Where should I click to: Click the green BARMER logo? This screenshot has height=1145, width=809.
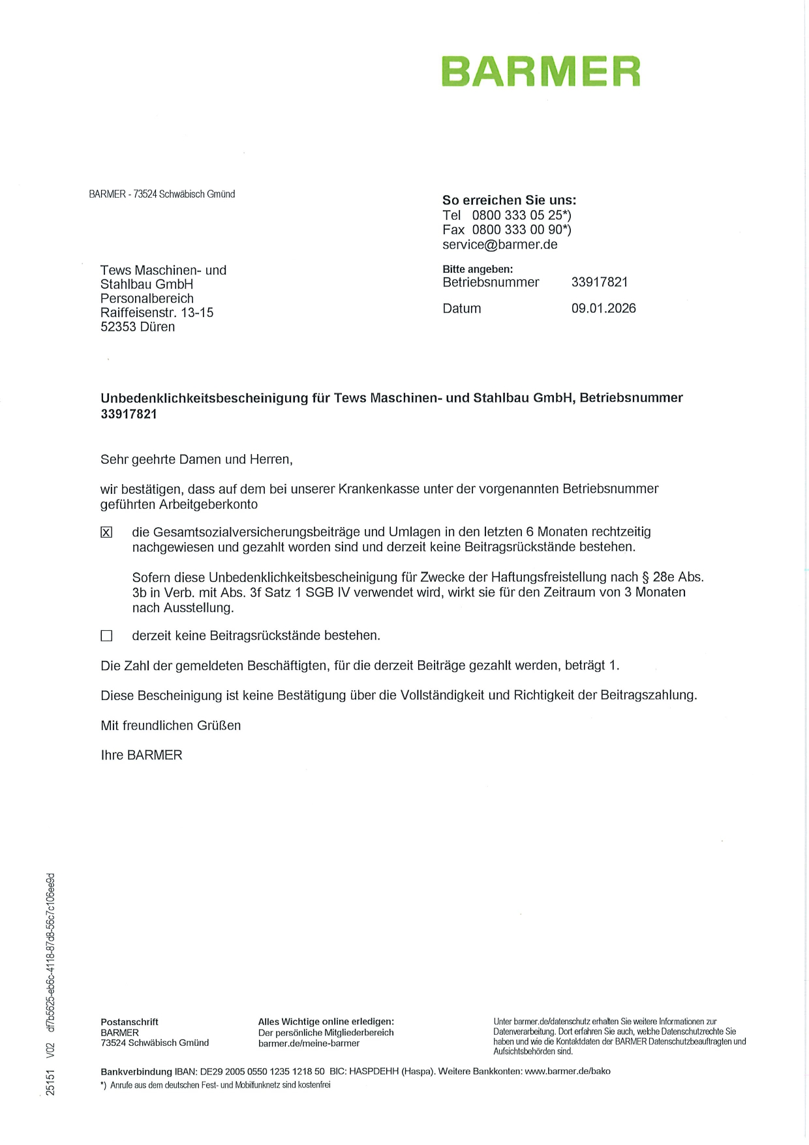pos(541,72)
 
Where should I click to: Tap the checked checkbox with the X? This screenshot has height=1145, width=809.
pos(106,532)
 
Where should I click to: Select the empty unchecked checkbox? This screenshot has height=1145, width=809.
pos(106,635)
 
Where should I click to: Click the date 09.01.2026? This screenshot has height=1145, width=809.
pos(603,309)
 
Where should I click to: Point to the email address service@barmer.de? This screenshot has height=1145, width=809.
pos(500,245)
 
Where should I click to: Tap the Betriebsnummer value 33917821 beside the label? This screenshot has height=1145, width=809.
pos(600,282)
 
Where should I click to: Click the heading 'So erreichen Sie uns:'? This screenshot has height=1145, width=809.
pos(509,200)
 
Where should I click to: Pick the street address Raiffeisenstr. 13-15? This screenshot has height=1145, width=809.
pos(157,313)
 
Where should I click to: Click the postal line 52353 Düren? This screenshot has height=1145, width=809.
pos(138,327)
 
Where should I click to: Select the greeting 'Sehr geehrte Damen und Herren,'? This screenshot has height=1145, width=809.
pos(196,459)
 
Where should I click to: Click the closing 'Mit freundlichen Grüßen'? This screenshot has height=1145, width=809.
pos(170,725)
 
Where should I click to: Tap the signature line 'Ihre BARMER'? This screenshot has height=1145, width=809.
pos(142,756)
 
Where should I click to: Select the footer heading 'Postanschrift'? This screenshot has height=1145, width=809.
pos(129,1022)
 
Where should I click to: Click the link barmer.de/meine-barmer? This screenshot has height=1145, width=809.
pos(309,1043)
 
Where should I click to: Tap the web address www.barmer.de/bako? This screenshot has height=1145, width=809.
pos(568,1071)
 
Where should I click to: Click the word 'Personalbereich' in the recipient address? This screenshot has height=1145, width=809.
pos(147,299)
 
